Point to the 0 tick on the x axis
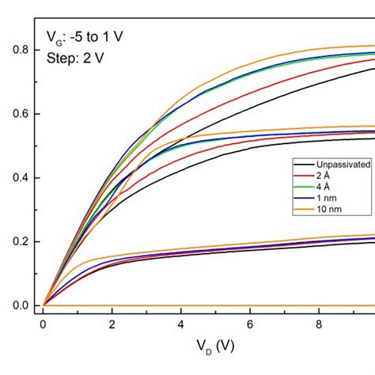pyautogui.click(x=43, y=324)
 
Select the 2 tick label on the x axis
pyautogui.click(x=112, y=324)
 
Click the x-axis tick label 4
pyautogui.click(x=181, y=324)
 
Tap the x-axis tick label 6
pyautogui.click(x=250, y=324)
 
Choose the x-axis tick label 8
pyautogui.click(x=319, y=324)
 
